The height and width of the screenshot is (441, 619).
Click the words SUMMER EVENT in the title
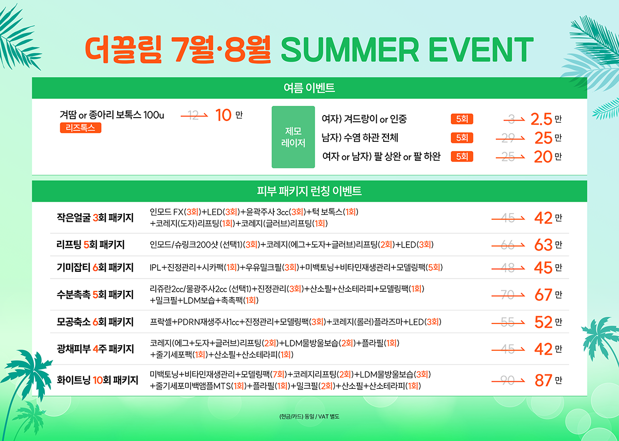point(407,50)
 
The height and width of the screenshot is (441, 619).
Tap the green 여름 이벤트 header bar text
point(309,88)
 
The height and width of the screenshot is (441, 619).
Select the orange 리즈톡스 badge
point(80,128)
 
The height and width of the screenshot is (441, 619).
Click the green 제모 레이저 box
point(293,137)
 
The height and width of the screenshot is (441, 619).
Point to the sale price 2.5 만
point(546,119)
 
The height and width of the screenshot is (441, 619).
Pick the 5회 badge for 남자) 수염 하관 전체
point(462,138)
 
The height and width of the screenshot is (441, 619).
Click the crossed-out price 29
point(508,138)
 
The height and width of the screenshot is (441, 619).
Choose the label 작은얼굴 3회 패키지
point(95,218)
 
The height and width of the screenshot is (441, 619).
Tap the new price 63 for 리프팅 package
point(543,245)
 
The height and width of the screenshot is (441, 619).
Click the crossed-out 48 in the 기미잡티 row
point(508,268)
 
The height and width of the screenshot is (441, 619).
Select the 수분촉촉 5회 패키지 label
point(95,295)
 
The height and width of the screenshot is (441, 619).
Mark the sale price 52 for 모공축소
point(543,322)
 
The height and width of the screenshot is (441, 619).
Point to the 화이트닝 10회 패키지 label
point(97,380)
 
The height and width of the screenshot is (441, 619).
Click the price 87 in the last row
point(543,380)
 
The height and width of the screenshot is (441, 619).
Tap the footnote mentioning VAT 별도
point(309,416)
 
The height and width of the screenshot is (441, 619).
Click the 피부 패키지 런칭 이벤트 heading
point(309,191)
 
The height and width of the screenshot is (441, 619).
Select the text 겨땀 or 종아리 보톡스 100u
point(112,115)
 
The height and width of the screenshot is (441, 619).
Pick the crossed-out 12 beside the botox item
point(193,115)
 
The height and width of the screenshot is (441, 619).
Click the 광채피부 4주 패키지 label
point(95,349)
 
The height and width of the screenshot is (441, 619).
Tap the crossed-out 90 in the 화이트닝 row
point(508,380)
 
